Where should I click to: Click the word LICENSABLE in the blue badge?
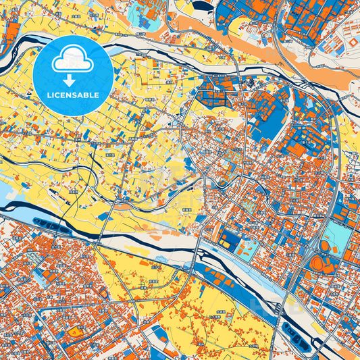72,94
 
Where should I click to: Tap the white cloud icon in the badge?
72,60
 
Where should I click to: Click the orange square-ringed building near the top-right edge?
351,42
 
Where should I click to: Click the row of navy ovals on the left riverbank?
51,225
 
